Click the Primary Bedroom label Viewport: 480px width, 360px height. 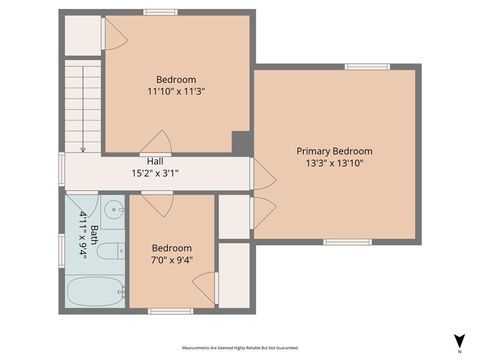[333, 150]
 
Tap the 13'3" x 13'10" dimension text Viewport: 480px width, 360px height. [333, 163]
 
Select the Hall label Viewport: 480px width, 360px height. [155, 161]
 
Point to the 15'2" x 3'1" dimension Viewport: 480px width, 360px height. [155, 173]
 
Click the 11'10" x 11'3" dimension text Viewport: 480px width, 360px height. [176, 91]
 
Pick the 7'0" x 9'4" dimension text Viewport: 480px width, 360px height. [172, 261]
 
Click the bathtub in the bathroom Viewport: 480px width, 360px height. [95, 293]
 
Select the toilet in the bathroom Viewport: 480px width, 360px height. [113, 252]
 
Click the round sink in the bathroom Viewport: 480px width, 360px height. [114, 211]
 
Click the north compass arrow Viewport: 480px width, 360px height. [459, 341]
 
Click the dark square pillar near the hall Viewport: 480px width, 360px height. [241, 143]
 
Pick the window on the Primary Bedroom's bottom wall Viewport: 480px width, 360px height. [347, 241]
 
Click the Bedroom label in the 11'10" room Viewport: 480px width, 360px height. [176, 79]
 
